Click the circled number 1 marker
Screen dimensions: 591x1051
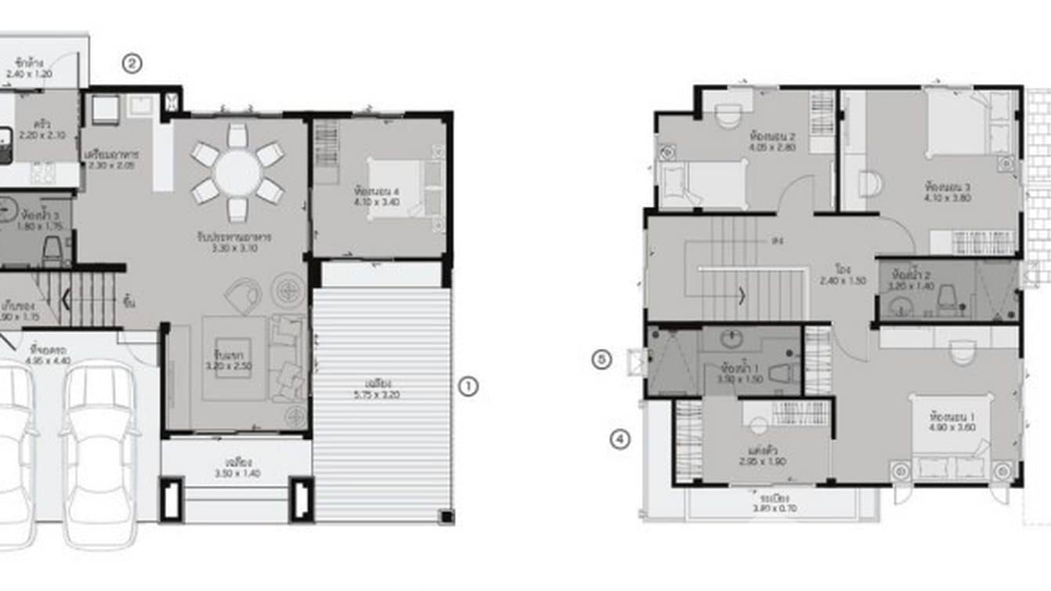467,386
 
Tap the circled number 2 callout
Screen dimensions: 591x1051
132,64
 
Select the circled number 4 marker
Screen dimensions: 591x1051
619,440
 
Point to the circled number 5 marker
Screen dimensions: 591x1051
601,360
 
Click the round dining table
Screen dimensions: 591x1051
238,172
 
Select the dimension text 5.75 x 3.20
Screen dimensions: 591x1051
383,395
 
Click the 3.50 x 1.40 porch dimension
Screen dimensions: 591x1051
236,473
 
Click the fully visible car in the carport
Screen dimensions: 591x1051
99,455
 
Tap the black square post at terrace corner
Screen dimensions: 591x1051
446,517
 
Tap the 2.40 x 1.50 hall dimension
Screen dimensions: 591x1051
843,280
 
